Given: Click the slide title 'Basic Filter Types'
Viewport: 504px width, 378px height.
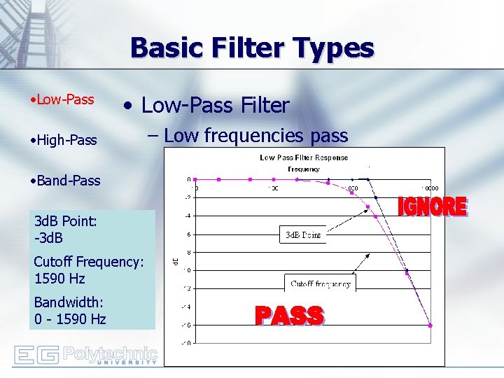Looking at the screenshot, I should point(252,48).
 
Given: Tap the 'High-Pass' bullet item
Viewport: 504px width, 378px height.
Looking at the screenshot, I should point(64,140).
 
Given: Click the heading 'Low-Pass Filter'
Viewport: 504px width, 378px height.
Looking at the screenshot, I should point(215,106).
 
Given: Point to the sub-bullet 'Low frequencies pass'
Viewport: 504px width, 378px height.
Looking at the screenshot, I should point(256,136).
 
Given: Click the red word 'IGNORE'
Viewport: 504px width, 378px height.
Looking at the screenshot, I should point(432,206).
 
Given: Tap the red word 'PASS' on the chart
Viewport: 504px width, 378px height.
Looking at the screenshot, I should point(289,316).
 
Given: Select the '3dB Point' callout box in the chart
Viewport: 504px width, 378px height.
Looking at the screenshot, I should point(302,234).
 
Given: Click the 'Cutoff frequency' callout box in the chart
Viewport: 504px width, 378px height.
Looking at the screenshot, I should point(321,284).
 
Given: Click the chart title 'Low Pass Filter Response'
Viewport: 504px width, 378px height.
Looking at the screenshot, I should point(304,157).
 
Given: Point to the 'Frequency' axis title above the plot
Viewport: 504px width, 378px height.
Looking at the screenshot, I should point(304,169).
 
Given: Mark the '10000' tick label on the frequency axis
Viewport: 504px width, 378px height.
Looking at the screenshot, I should point(430,188).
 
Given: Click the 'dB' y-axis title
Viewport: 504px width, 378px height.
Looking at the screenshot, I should point(175,261).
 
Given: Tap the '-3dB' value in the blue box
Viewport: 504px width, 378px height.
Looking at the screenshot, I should point(48,239).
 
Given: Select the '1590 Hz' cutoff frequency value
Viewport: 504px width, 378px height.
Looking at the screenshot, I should point(59,279).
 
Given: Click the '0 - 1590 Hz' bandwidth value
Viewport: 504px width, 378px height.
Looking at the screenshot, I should point(70,319).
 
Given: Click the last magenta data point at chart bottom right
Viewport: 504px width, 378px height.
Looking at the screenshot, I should point(430,325).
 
